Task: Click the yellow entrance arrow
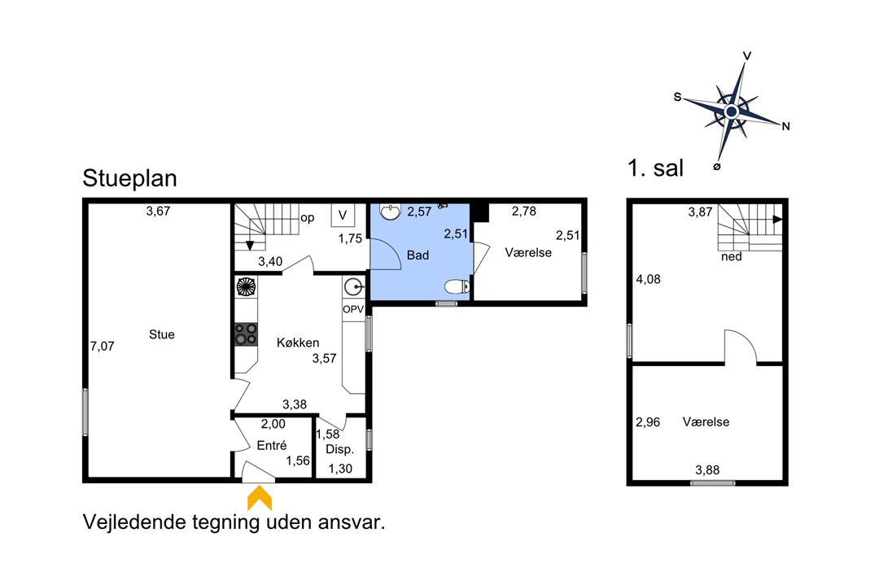pos(260,498)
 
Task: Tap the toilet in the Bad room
pos(457,287)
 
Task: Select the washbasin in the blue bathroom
pos(390,211)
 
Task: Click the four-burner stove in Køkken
pos(246,334)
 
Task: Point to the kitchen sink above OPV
pos(354,287)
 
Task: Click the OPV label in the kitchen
pos(353,309)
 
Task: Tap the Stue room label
pos(161,334)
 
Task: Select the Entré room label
pos(272,446)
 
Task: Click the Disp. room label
pos(339,449)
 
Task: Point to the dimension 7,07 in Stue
pos(102,347)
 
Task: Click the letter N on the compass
pos(786,127)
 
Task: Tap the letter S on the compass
pos(677,97)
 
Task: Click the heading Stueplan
pos(129,178)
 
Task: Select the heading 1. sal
pos(655,168)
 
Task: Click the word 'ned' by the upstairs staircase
pos(732,256)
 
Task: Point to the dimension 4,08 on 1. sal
pos(648,279)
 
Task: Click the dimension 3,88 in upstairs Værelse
pos(707,470)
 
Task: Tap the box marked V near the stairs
pos(343,216)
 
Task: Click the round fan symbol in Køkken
pos(246,287)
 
